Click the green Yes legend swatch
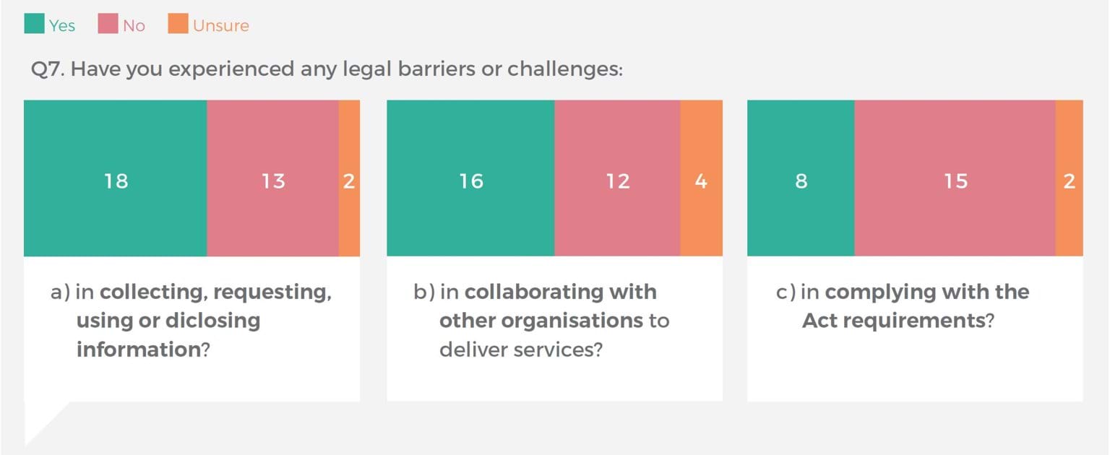34,23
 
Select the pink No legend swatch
108,23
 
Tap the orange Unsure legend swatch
178,23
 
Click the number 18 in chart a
116,181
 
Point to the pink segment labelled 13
273,178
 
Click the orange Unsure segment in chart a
349,178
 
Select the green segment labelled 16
470,178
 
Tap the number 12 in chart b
618,181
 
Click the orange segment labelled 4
701,178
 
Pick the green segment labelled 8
801,178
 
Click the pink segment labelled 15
955,178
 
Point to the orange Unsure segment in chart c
1070,178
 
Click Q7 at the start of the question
48,69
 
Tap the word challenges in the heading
565,69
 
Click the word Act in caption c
819,321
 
